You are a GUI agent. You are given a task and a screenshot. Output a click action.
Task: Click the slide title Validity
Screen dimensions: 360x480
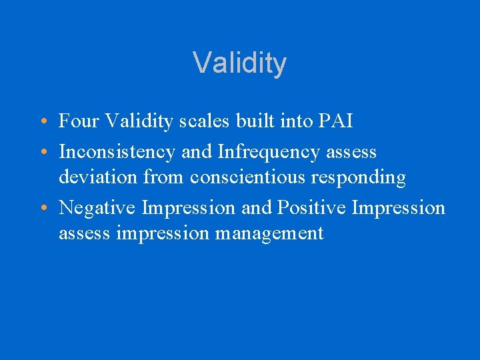coord(240,63)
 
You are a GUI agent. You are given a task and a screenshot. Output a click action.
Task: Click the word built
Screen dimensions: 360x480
coord(245,121)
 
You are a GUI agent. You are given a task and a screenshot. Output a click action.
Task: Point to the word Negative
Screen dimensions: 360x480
coord(97,208)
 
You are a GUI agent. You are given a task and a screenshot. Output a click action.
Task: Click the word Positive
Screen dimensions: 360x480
coord(311,208)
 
